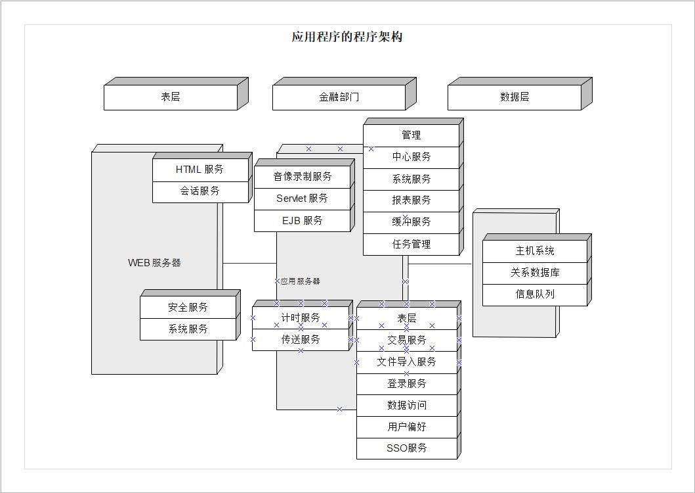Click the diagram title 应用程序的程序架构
pos(347,37)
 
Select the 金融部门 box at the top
pos(339,97)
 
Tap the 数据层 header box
pos(514,97)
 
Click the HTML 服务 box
pos(200,170)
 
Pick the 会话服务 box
pos(200,191)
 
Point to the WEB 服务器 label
pos(154,263)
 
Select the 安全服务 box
pos(188,308)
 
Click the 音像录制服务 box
pos(303,177)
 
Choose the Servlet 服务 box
pos(302,199)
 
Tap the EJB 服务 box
pos(302,221)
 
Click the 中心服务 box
pos(411,157)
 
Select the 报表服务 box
pos(411,200)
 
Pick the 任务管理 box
pos(411,245)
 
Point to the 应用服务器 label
pos(300,281)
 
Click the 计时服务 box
pos(301,318)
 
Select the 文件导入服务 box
pos(407,362)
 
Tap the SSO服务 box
pos(407,448)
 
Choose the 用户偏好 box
pos(407,427)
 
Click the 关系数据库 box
pos(535,273)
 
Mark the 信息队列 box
pos(535,294)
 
